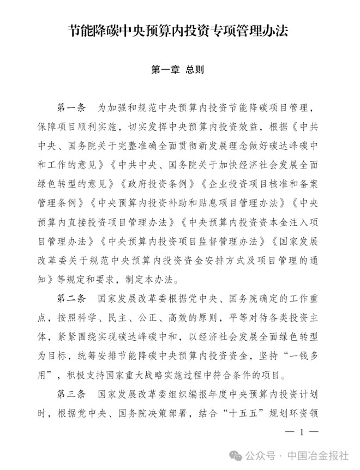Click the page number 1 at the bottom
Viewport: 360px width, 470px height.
point(301,432)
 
